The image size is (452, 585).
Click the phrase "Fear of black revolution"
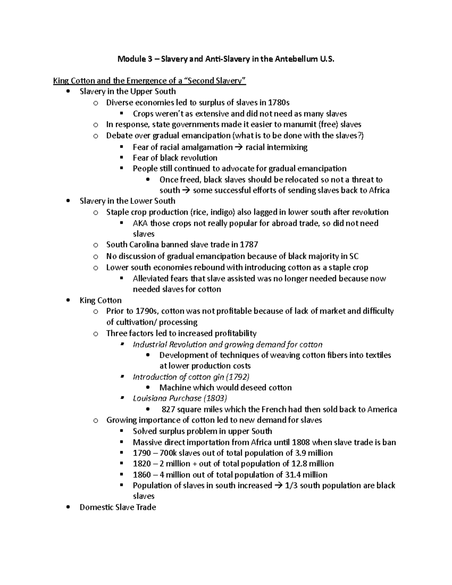[x=175, y=158]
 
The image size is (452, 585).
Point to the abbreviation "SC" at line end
[x=354, y=257]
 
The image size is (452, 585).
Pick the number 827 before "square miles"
[x=168, y=409]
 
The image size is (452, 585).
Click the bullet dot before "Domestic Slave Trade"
[x=68, y=507]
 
